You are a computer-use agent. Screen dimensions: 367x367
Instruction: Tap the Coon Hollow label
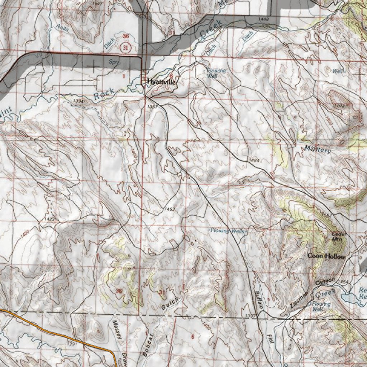coord(327,256)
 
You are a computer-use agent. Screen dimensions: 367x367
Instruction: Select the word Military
coord(318,149)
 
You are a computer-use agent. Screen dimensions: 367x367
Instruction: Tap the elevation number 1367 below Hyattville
coord(152,107)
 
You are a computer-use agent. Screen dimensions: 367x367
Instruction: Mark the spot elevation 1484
coord(254,159)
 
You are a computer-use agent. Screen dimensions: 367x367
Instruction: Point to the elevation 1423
coord(50,219)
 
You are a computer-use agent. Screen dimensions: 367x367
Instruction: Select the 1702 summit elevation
coord(338,105)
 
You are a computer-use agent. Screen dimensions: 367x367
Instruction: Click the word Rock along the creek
coord(104,94)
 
